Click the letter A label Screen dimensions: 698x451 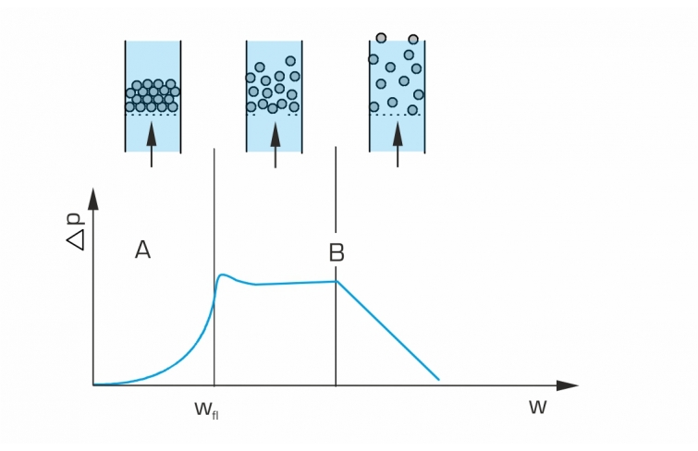coord(142,250)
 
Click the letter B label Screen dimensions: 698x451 coord(337,252)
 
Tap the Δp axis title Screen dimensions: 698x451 coord(75,232)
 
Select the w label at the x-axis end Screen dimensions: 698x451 coord(537,407)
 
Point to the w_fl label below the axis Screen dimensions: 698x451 coord(207,409)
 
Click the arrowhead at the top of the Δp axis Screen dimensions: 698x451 coord(93,199)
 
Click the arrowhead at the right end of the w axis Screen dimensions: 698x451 coord(568,385)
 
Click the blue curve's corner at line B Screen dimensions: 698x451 coord(337,281)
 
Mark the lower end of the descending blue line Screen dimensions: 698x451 coord(439,380)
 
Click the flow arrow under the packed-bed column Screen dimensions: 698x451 coord(152,144)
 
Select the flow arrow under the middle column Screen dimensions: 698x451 coord(276,144)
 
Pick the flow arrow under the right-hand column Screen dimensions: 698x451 coord(398,144)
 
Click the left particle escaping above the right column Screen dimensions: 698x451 coord(381,38)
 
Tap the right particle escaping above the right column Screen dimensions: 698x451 coord(413,39)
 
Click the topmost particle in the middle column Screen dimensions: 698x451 coord(290,61)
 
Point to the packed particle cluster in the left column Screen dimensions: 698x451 coord(153,96)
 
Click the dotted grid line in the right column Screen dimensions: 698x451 coord(398,115)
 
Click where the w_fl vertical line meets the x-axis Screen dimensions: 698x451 coord(214,385)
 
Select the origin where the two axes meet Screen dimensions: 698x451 coord(93,385)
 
